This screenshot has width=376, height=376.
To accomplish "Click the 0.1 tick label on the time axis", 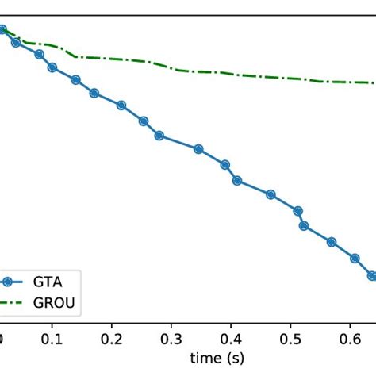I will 52,340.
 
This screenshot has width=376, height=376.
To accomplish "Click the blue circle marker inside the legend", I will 8,281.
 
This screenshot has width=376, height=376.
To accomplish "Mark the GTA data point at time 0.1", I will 52,67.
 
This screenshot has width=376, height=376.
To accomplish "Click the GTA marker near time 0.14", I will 75,79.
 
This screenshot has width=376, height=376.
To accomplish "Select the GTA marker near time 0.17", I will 94,93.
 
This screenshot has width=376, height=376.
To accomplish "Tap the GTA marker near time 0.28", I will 159,136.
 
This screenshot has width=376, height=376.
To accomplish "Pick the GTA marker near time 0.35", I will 198,148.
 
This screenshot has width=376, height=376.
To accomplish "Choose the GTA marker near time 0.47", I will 271,194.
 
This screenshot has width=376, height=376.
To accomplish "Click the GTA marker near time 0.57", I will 332,242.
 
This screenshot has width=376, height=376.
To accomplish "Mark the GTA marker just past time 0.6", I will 355,259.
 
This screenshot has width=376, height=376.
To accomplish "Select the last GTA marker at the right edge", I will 371,276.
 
